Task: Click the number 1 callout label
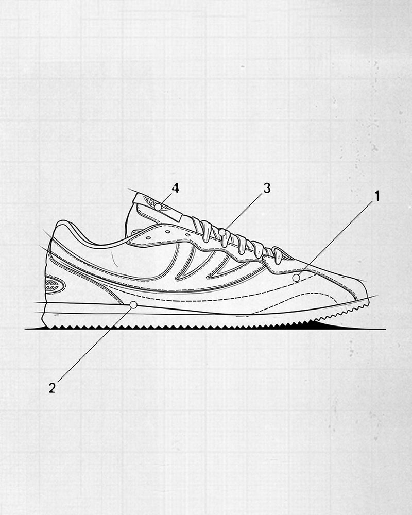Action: [x=377, y=196]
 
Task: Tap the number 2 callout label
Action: [x=52, y=388]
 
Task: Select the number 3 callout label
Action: [x=267, y=188]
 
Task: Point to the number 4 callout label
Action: [x=176, y=188]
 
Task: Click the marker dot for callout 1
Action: [x=296, y=278]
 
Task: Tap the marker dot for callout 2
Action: [x=133, y=305]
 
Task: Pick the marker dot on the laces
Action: [x=222, y=233]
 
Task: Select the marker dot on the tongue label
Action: [x=159, y=207]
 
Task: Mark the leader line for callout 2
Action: [x=93, y=346]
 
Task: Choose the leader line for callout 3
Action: [x=245, y=211]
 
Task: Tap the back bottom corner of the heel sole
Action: [x=43, y=324]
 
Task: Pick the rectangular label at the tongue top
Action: [x=157, y=207]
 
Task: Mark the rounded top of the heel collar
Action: [x=62, y=223]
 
